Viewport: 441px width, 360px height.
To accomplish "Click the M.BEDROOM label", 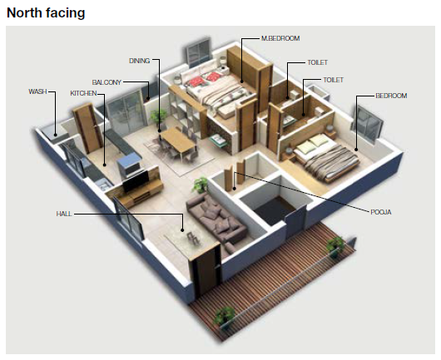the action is point(280,38).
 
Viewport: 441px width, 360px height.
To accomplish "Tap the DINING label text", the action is point(139,61).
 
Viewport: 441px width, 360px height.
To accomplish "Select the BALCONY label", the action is point(107,82).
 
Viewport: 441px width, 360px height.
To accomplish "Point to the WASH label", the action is point(37,91).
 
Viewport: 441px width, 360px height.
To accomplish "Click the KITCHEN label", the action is point(83,93).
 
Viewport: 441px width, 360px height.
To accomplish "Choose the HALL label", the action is point(64,214).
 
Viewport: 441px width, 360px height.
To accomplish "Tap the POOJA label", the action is point(381,212).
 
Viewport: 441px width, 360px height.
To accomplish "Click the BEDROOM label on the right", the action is point(391,96).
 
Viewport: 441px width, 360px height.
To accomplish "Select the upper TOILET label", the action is point(318,62).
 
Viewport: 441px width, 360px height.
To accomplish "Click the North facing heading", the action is point(46,12).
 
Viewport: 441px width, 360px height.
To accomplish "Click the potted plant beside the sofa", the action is point(201,185).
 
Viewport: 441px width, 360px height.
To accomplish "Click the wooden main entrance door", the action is point(206,269).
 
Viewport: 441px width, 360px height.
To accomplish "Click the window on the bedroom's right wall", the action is point(367,123).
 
